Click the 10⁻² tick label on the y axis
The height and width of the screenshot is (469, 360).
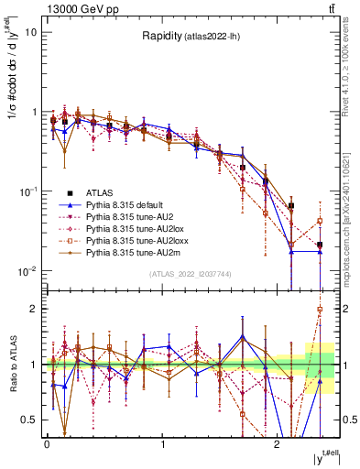29,271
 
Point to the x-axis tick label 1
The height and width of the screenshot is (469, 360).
162,443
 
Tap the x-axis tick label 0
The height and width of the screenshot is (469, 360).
47,443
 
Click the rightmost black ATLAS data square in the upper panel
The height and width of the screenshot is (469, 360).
320,245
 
